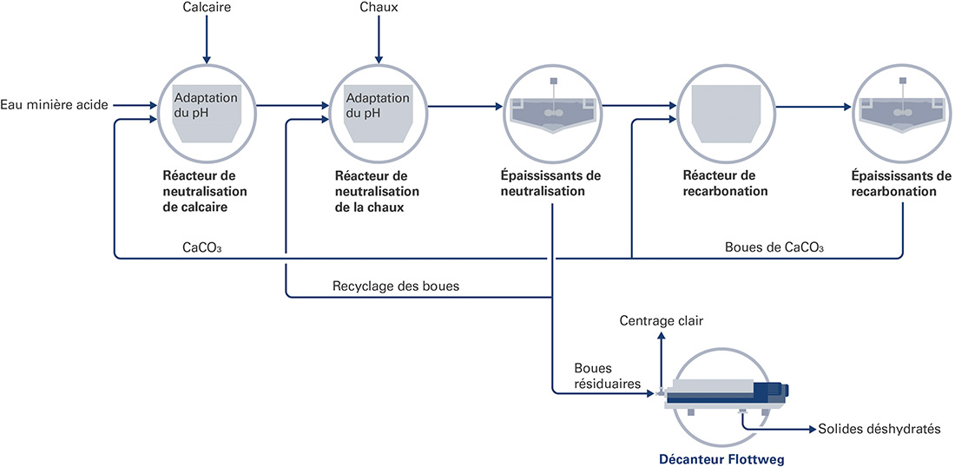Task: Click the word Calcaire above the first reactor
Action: coord(206,7)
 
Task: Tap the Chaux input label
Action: coord(379,7)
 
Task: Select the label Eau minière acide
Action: coord(54,105)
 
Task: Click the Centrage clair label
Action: coord(662,320)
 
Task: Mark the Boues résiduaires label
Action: coord(607,376)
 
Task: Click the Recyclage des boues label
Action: coord(396,286)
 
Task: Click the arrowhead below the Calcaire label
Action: coord(207,59)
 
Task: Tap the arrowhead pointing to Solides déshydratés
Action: coord(812,430)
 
